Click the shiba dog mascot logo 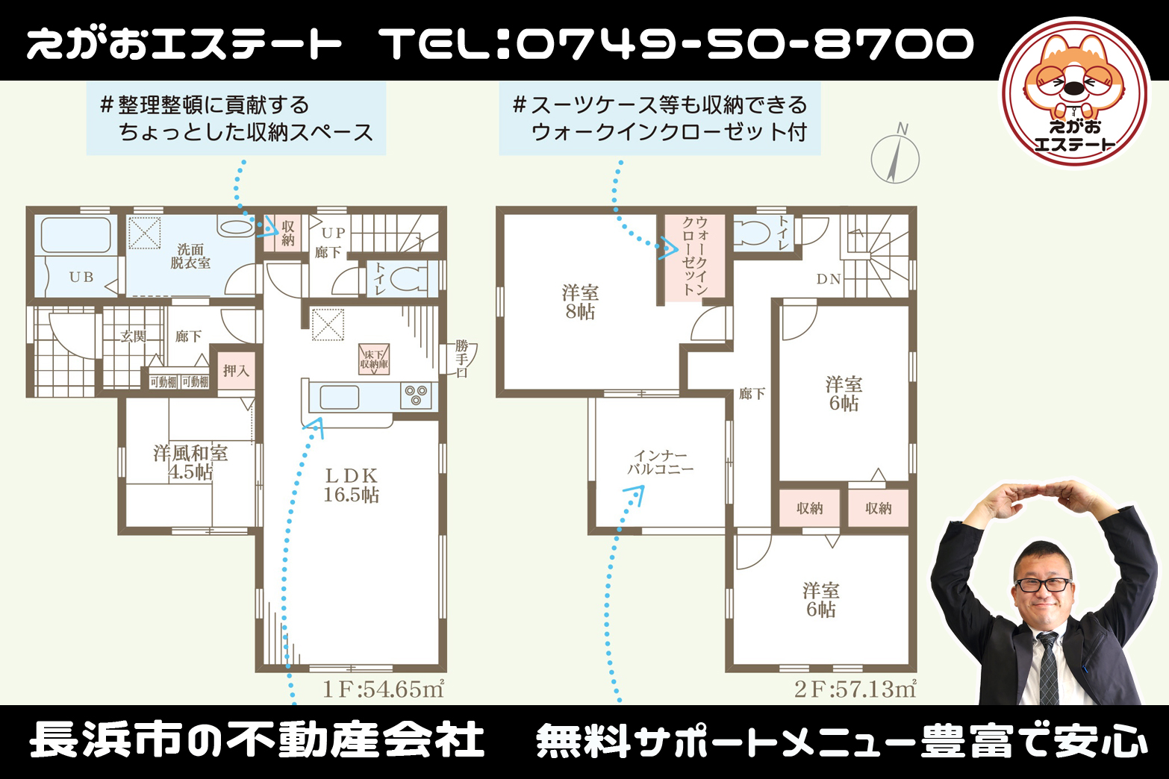1074,92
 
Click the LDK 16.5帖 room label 351,485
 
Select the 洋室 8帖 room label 580,302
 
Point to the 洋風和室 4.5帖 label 190,463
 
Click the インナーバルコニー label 660,463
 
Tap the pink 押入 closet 237,371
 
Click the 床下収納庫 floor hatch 374,359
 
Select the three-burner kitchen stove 416,395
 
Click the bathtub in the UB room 75,235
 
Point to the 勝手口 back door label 462,359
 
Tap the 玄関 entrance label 133,337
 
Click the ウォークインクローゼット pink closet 695,256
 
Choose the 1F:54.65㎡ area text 384,689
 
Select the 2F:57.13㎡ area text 855,689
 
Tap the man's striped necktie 1049,668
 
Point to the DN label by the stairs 829,280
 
